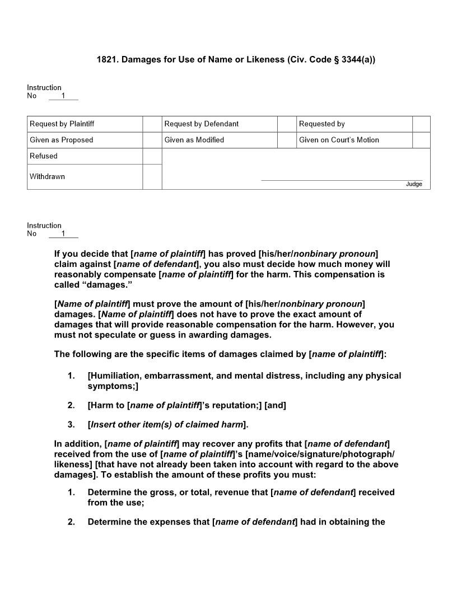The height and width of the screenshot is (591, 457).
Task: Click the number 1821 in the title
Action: tap(106, 59)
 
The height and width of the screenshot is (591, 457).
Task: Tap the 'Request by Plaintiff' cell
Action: tap(62, 124)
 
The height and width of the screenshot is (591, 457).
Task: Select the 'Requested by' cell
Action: tap(321, 124)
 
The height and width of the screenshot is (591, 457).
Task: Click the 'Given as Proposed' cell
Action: tap(62, 140)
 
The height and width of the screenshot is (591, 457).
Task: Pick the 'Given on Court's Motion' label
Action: tap(339, 140)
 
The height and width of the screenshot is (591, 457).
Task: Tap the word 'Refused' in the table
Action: tap(44, 156)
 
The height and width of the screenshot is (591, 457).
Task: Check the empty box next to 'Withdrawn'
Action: tap(152, 177)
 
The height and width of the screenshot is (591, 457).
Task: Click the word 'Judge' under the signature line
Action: tap(414, 184)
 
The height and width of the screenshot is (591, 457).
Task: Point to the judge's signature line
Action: tap(342, 180)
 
